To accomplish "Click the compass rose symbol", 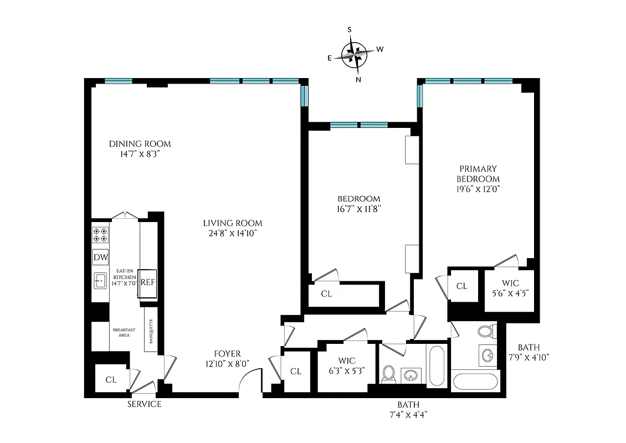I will coord(355,54).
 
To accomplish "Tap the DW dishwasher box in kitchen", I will coord(100,257).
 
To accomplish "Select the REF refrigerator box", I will coord(147,281).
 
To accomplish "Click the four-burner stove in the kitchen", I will coord(100,235).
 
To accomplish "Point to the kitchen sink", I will coord(100,281).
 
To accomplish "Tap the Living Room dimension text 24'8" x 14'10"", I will coord(232,234).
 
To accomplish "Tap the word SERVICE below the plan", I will coord(144,404).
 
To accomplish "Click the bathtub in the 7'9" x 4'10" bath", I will coord(475,382).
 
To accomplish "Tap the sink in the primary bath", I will coord(488,354).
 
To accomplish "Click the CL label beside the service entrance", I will coord(111,380).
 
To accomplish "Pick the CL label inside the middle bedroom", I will coord(326,294).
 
